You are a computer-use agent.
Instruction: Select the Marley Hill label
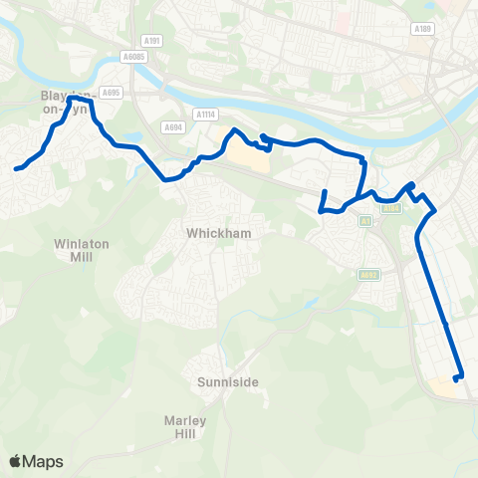point(185,426)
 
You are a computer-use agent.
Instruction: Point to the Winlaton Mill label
point(75,249)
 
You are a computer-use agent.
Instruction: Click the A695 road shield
point(111,92)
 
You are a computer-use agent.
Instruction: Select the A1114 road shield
point(204,114)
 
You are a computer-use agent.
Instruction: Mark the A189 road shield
point(422,30)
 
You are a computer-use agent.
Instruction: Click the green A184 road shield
point(391,209)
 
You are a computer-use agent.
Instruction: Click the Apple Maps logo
point(36,461)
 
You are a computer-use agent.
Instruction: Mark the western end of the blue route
point(17,169)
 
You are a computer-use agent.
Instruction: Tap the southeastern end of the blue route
point(456,378)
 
